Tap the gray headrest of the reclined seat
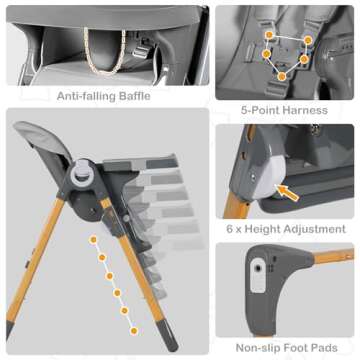40,141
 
